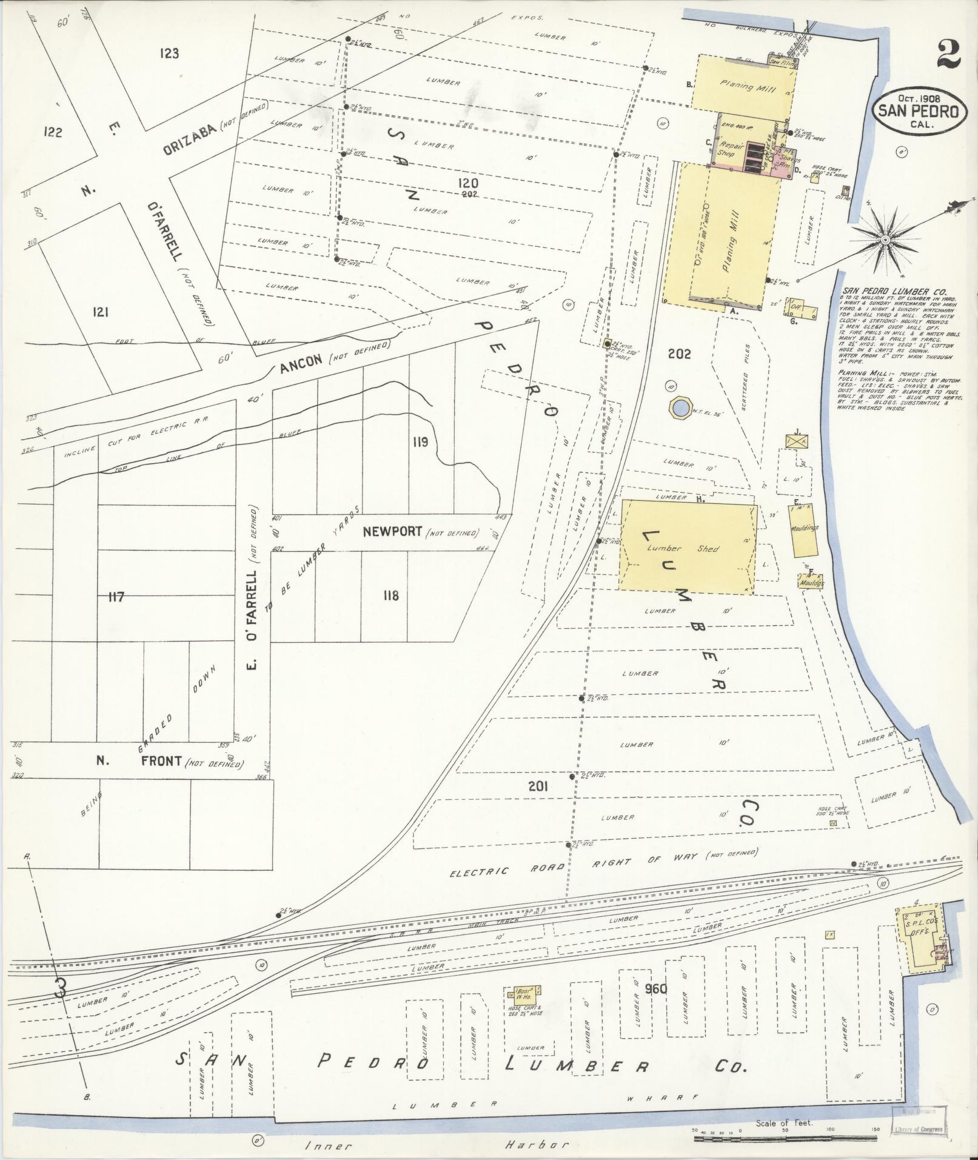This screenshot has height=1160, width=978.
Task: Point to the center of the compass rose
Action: point(886,240)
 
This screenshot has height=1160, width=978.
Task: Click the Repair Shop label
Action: point(727,150)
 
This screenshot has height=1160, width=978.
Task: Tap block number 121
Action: point(100,312)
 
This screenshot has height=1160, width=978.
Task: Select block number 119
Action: point(420,441)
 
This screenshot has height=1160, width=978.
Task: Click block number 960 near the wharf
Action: point(656,989)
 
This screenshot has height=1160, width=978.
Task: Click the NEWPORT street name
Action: point(392,532)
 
